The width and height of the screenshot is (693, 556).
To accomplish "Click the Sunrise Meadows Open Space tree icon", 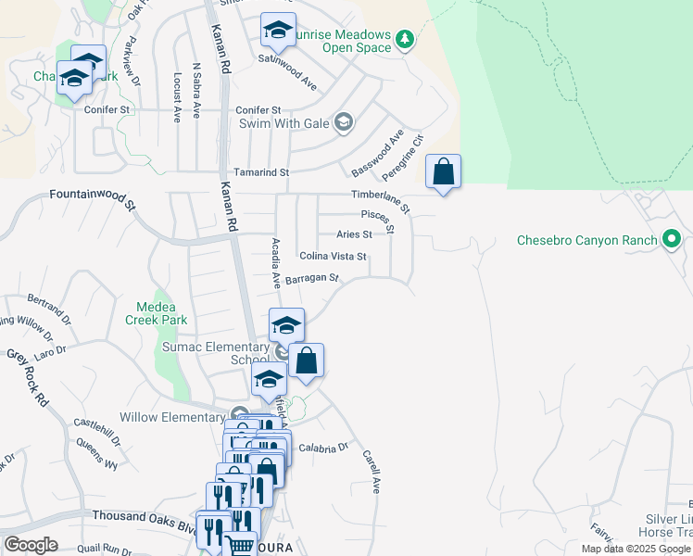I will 404,39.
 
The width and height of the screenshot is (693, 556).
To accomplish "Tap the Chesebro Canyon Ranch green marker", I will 672,241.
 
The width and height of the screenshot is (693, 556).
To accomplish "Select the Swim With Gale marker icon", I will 344,122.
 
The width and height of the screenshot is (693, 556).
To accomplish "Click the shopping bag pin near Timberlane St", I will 444,172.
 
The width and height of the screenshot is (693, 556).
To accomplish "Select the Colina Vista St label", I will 334,257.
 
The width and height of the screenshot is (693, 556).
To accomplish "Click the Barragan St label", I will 312,278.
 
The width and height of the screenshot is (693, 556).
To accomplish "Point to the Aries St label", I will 354,235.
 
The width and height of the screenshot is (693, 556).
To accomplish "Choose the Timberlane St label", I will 380,196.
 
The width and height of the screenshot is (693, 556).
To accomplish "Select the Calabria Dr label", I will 322,447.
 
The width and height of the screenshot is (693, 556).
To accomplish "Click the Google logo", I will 31,544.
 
